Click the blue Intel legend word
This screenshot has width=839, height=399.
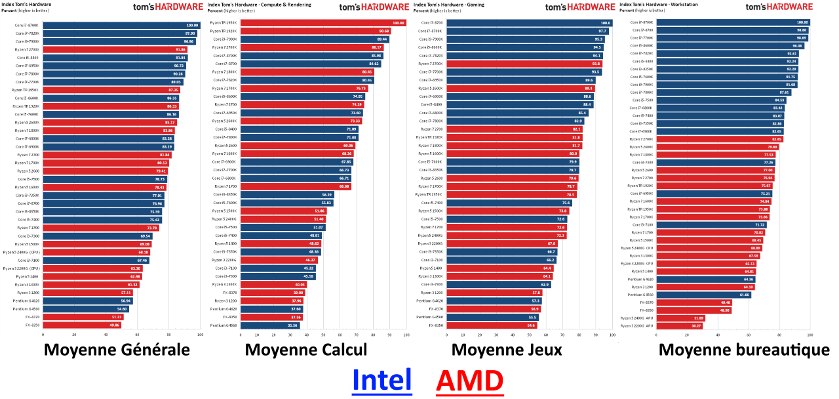click(x=381, y=381)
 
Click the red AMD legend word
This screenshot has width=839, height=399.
click(x=469, y=381)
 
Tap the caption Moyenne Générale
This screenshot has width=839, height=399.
click(x=117, y=350)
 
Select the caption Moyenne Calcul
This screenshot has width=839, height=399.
click(x=306, y=350)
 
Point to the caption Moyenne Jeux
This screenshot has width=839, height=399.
click(x=506, y=350)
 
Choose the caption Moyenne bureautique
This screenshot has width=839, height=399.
click(x=744, y=350)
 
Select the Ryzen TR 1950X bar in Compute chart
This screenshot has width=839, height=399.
click(x=323, y=23)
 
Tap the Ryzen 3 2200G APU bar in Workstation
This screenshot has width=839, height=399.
click(x=680, y=325)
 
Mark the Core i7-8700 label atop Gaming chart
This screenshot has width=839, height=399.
click(x=431, y=23)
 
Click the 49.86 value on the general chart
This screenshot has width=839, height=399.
click(x=115, y=325)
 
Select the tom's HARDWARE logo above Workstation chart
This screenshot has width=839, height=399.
click(x=779, y=7)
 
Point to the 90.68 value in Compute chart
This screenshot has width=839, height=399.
click(x=384, y=31)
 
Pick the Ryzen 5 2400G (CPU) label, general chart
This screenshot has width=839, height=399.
click(x=21, y=252)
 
